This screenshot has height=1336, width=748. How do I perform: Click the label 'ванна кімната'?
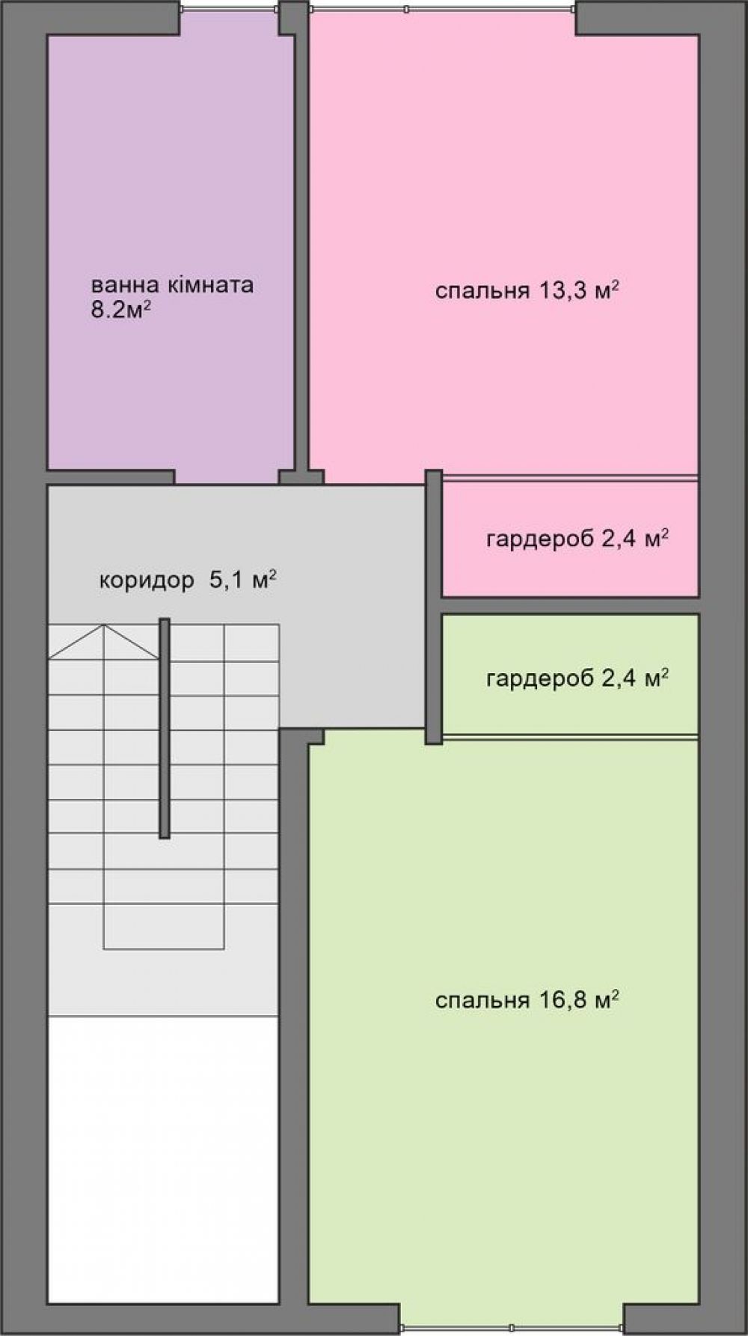(172, 286)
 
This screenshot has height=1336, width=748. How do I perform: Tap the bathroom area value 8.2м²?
(117, 310)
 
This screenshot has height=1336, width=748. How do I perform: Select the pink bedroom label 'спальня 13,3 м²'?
(527, 291)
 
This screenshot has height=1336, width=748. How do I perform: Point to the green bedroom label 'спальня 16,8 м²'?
(527, 999)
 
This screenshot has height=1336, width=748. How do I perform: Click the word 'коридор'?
(146, 581)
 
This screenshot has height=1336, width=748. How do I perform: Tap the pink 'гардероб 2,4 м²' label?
(577, 539)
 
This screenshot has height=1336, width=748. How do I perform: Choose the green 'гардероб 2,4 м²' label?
(577, 678)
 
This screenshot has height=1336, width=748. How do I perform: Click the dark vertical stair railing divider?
(164, 728)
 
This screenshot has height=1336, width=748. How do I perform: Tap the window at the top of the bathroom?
(230, 8)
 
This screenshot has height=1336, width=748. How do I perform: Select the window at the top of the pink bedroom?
(443, 9)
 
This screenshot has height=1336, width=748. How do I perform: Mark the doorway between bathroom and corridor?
(227, 477)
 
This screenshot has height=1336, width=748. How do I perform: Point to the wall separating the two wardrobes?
(570, 605)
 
